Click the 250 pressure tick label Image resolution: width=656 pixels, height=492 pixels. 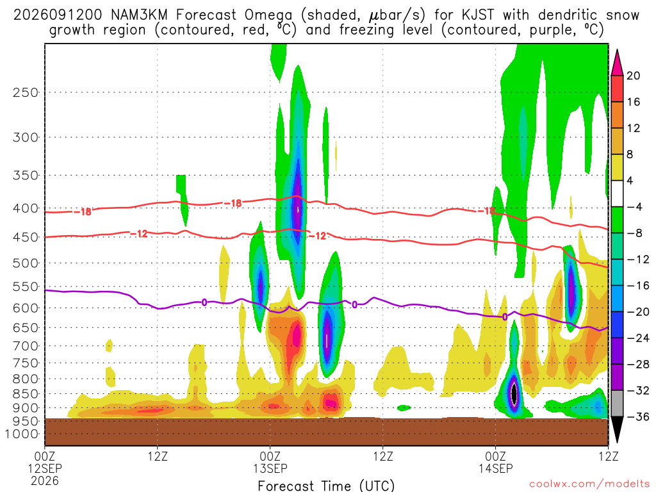(26, 92)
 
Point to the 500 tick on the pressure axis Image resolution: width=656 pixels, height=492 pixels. (26, 263)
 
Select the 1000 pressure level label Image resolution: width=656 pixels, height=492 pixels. (22, 434)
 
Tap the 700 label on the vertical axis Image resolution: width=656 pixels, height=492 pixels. (26, 346)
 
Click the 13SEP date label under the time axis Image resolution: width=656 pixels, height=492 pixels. (270, 468)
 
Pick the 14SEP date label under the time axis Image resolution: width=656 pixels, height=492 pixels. (496, 468)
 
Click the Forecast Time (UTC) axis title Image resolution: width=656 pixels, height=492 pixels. (326, 486)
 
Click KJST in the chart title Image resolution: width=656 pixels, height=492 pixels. (477, 15)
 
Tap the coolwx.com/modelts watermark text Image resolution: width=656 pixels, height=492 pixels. (589, 484)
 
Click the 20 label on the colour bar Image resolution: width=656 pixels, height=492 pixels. (633, 76)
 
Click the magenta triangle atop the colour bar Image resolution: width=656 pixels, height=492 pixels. (617, 63)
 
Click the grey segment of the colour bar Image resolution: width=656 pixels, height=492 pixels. (617, 404)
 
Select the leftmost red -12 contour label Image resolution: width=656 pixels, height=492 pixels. (139, 234)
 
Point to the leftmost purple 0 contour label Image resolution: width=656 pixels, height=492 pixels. (204, 302)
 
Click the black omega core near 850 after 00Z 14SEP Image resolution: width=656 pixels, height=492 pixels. (514, 394)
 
